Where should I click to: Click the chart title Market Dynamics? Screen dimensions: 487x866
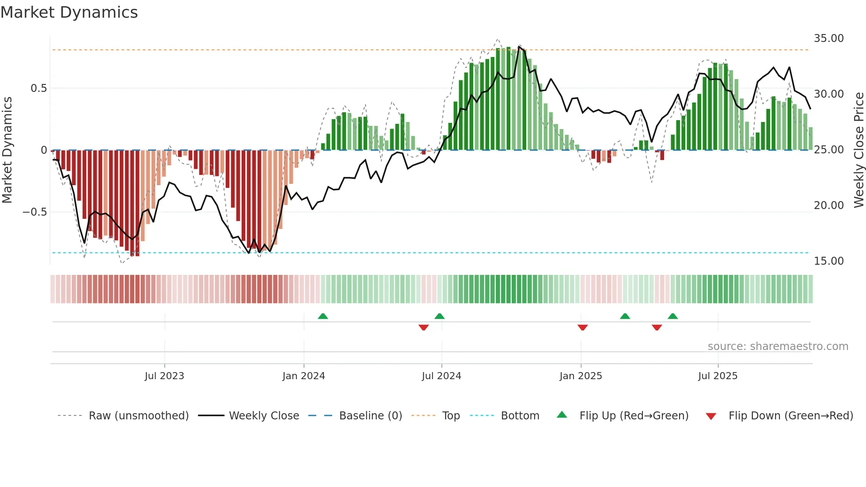point(69,12)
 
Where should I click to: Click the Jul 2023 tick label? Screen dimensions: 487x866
point(164,376)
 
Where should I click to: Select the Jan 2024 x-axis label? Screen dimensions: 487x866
point(304,376)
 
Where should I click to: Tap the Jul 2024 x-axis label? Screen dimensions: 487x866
point(441,376)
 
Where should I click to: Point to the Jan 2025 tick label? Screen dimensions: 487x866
point(581,376)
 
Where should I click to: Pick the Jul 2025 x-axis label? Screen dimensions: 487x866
point(718,376)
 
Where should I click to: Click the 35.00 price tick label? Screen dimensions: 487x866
point(828,38)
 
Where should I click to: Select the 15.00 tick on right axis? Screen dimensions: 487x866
point(828,261)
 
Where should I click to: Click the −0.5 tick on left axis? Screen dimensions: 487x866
point(34,212)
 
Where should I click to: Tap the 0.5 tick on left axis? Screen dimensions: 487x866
point(38,88)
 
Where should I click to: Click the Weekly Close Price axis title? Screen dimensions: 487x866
point(858,150)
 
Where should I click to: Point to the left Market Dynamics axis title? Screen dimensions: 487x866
point(7,150)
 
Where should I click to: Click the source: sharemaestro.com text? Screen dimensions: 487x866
point(778,346)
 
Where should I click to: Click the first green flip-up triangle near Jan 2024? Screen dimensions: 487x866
point(323,316)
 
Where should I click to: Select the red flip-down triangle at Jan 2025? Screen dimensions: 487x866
point(582,327)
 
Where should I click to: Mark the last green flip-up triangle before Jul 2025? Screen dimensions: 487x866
point(672,316)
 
